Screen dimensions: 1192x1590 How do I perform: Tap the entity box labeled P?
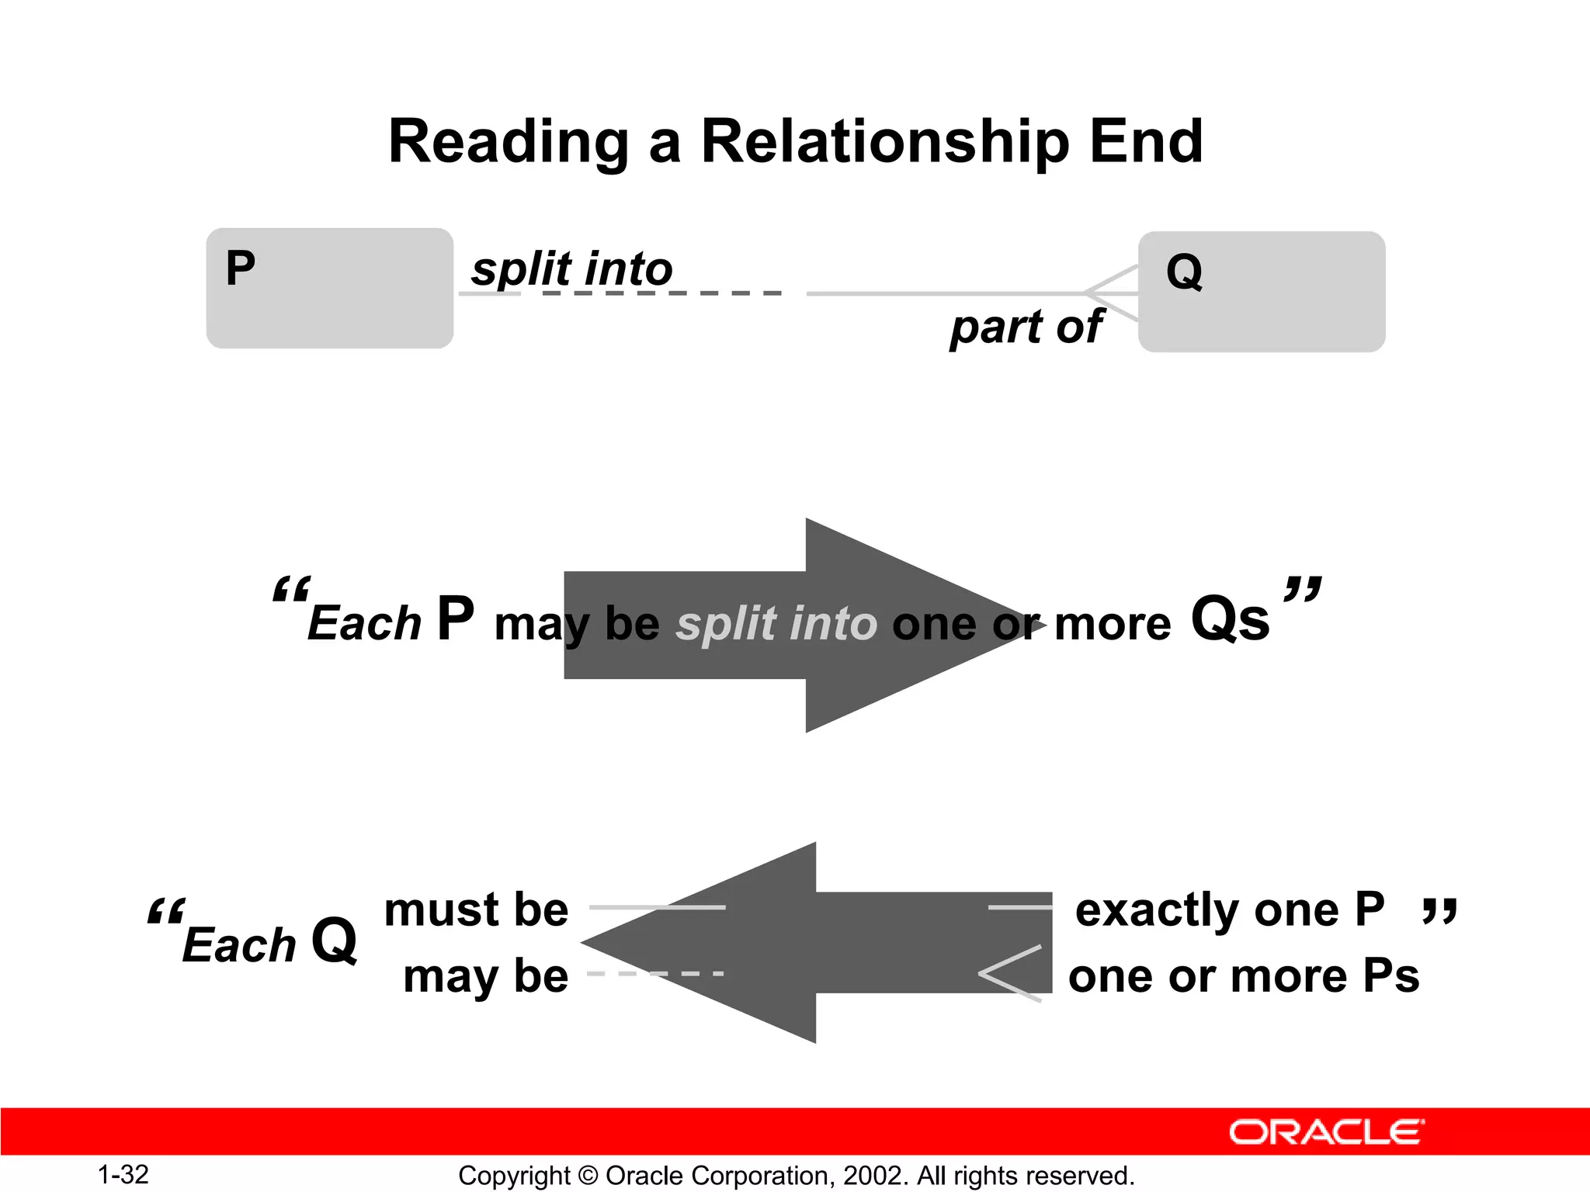pyautogui.click(x=329, y=288)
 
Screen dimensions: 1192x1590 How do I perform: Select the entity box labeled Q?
pyautogui.click(x=1262, y=292)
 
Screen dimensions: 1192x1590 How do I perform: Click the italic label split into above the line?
pyautogui.click(x=571, y=269)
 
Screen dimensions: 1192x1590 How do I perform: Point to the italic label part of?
pyautogui.click(x=1026, y=327)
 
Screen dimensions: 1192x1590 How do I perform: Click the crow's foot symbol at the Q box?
pyautogui.click(x=1113, y=293)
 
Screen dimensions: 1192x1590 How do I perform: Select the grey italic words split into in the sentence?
pyautogui.click(x=776, y=624)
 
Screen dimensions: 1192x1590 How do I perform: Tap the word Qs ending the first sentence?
pyautogui.click(x=1230, y=619)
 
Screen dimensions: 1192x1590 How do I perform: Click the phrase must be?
pyautogui.click(x=476, y=910)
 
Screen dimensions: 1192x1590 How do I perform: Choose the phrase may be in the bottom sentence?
pyautogui.click(x=486, y=976)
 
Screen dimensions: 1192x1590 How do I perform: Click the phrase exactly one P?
pyautogui.click(x=1230, y=910)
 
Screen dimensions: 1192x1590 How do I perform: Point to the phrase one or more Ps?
pyautogui.click(x=1244, y=976)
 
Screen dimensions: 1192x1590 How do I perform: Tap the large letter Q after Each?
pyautogui.click(x=335, y=941)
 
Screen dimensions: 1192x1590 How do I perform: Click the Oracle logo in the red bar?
pyautogui.click(x=1326, y=1132)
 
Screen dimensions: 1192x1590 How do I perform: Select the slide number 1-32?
pyautogui.click(x=123, y=1175)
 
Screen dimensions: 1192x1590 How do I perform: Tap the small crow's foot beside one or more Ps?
pyautogui.click(x=1009, y=973)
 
